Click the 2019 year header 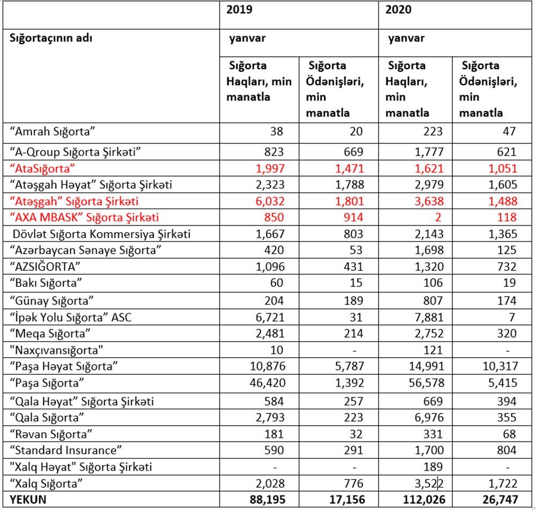pyautogui.click(x=240, y=10)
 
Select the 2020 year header pyautogui.click(x=399, y=10)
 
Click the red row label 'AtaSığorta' pyautogui.click(x=43, y=168)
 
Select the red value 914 pyautogui.click(x=352, y=217)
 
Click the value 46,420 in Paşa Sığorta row pyautogui.click(x=265, y=383)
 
